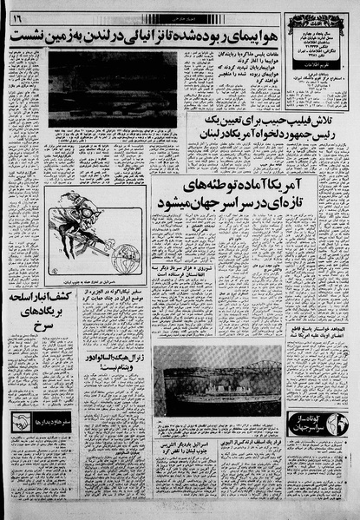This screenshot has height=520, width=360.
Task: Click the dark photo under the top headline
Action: pyautogui.click(x=112, y=87)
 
